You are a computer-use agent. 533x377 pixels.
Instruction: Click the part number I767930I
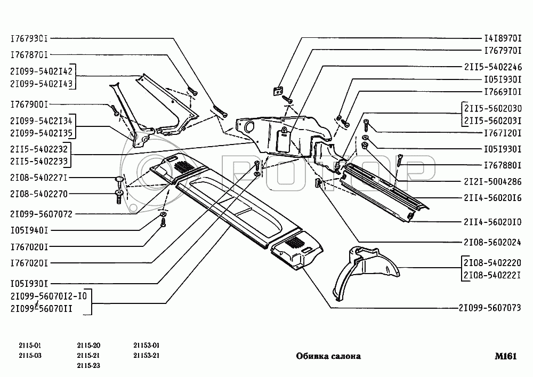pyautogui.click(x=29, y=39)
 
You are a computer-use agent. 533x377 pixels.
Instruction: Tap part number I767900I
pyautogui.click(x=29, y=105)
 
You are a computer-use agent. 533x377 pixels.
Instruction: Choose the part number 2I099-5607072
pyautogui.click(x=41, y=214)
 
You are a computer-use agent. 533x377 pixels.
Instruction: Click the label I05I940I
pyautogui.click(x=29, y=230)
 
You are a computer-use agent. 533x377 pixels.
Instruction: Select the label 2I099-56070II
pyautogui.click(x=41, y=308)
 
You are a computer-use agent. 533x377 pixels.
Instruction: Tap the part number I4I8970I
pyautogui.click(x=503, y=39)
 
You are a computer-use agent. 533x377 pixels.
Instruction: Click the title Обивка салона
pyautogui.click(x=328, y=356)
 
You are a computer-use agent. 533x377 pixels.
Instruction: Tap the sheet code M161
pyautogui.click(x=505, y=356)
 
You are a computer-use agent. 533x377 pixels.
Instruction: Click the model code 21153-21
pyautogui.click(x=147, y=355)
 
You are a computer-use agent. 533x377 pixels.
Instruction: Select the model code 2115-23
pyautogui.click(x=88, y=365)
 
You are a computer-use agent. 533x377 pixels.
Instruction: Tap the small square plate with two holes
pyautogui.click(x=277, y=91)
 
